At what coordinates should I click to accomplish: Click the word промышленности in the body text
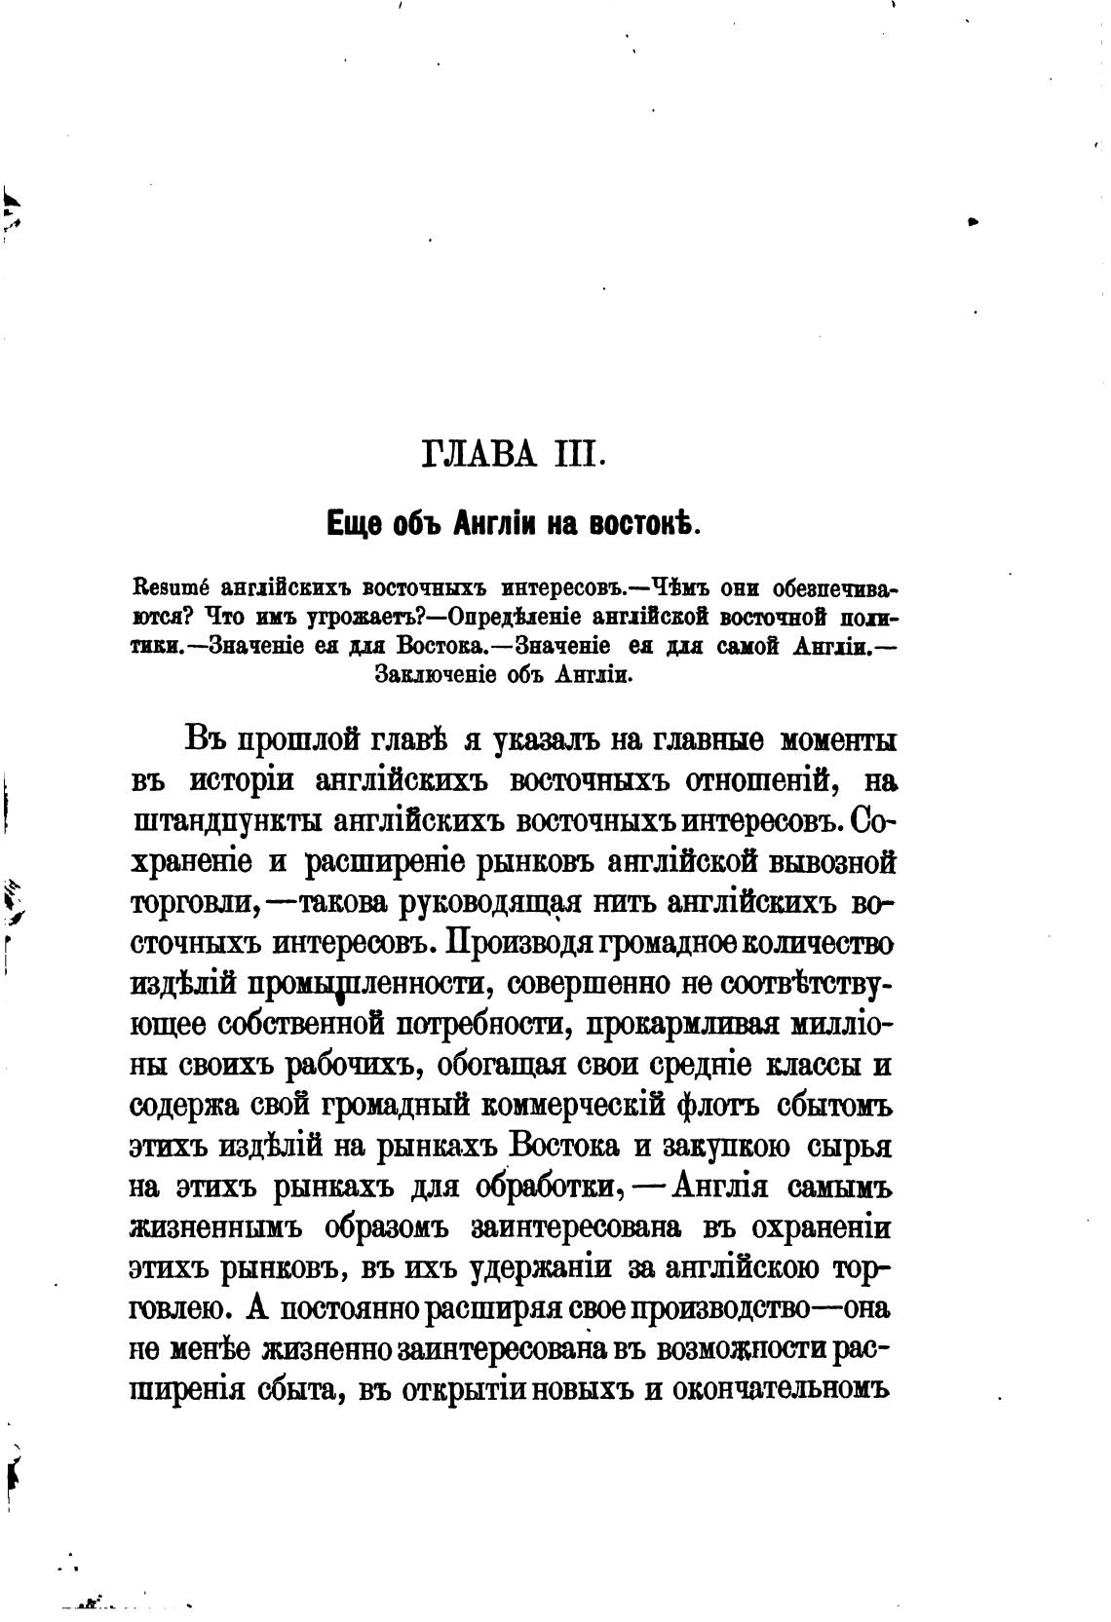point(366,984)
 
